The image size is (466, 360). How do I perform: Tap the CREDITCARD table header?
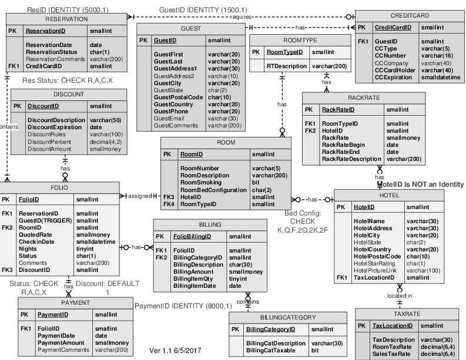[x=409, y=15]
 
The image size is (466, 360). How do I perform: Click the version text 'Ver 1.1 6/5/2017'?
[x=175, y=351]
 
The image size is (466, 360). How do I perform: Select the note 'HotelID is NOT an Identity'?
[x=420, y=184]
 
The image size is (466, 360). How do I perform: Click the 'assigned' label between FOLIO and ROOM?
[x=139, y=196]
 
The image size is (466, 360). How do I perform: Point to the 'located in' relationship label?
[x=400, y=295]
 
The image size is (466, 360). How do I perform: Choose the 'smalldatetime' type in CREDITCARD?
[x=441, y=78]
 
